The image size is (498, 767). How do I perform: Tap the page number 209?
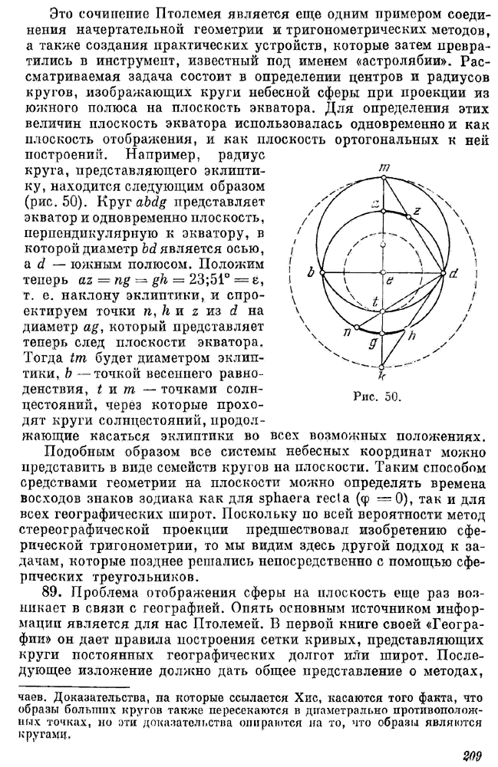[471, 755]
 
